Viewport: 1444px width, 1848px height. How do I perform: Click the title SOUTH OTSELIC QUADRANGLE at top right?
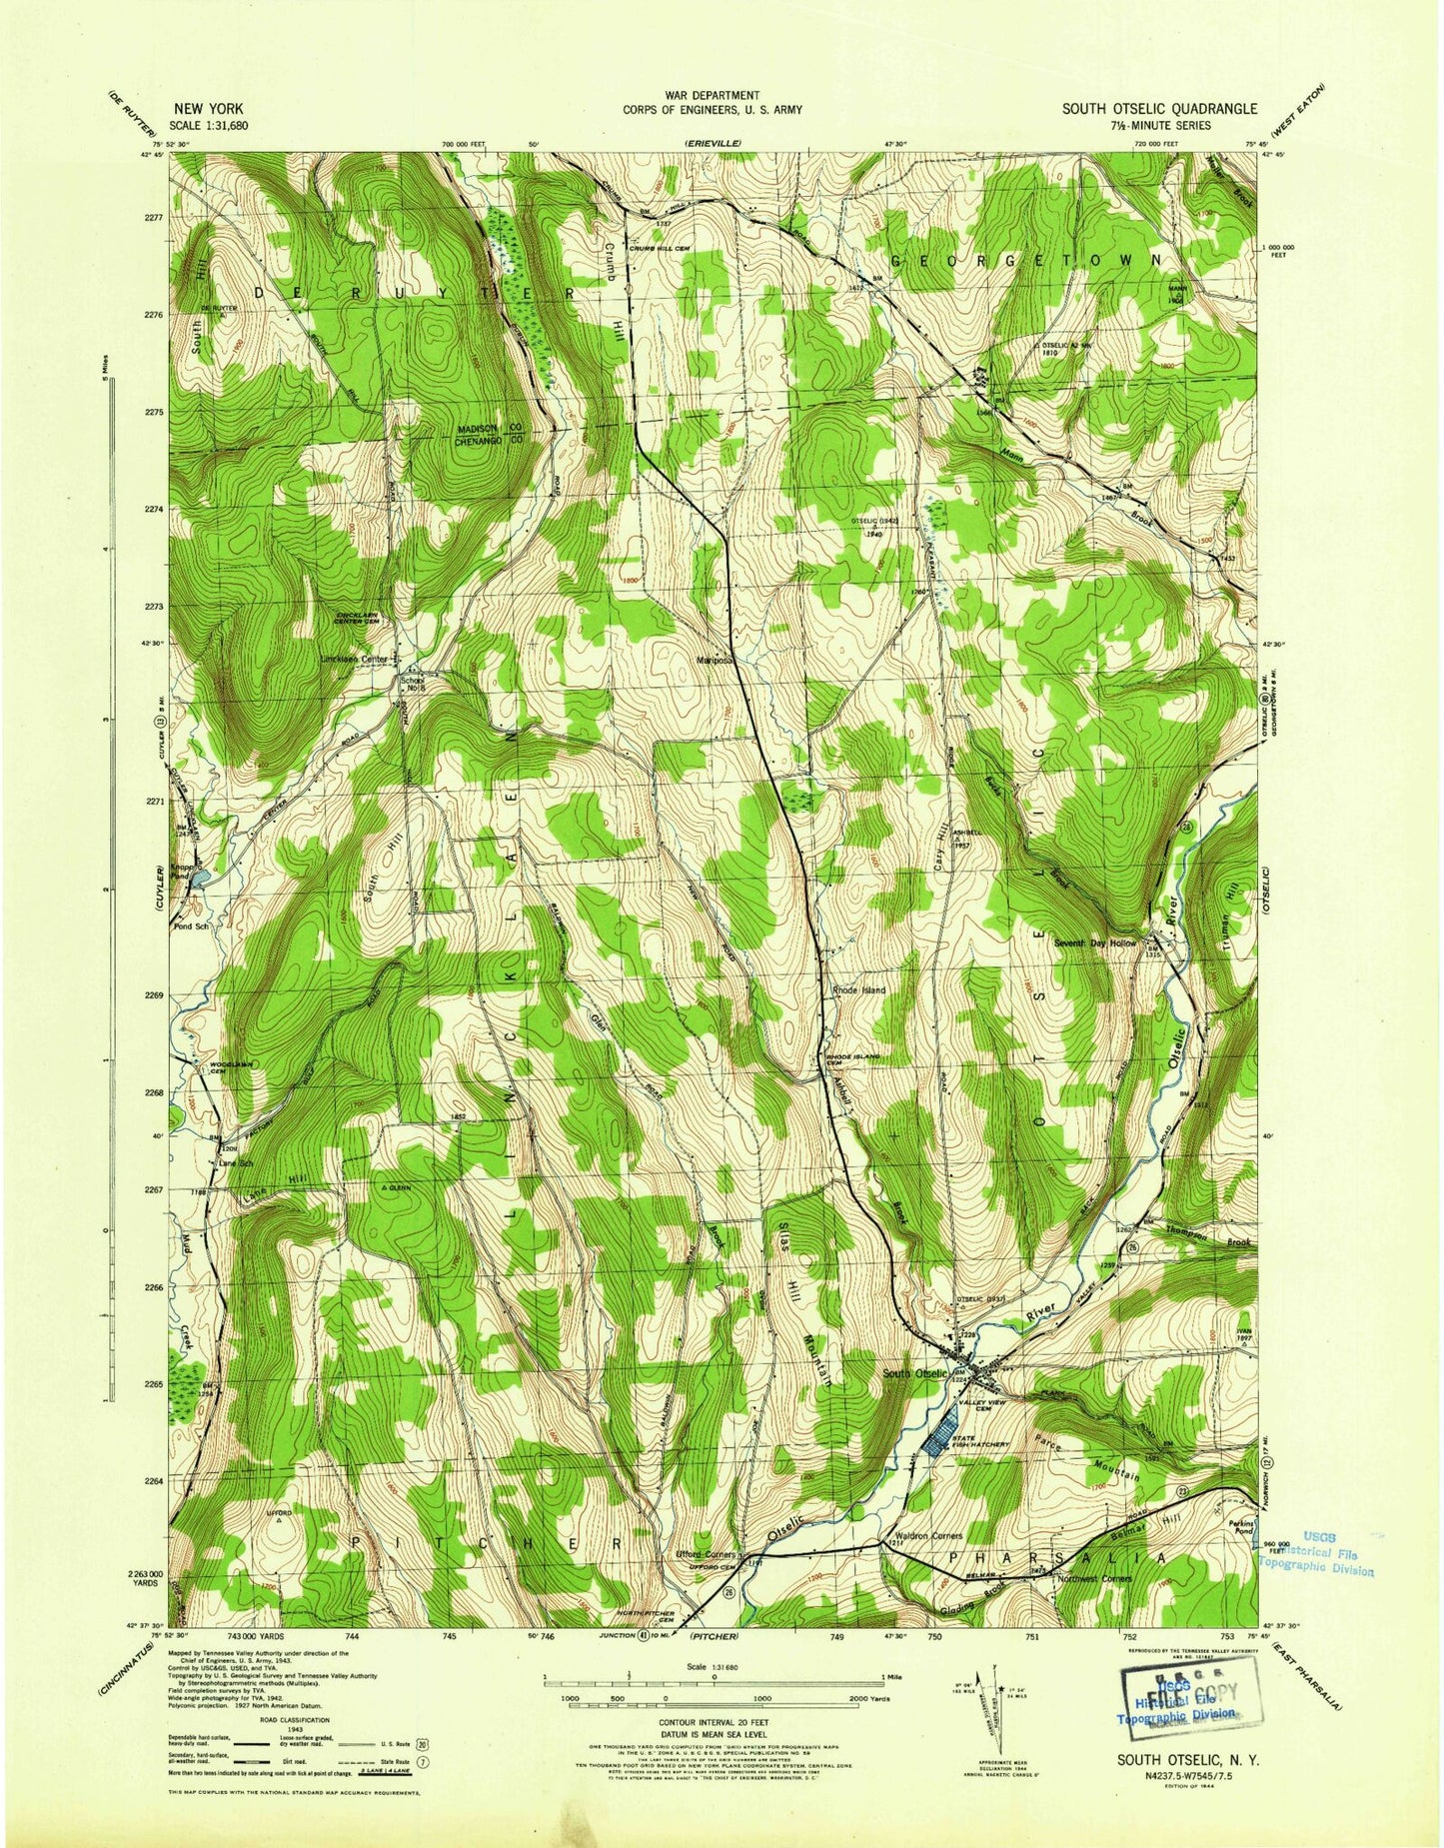click(x=1159, y=109)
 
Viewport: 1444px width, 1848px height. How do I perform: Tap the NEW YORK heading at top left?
click(x=208, y=109)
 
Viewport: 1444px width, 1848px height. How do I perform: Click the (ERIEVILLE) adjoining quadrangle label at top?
click(x=713, y=146)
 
